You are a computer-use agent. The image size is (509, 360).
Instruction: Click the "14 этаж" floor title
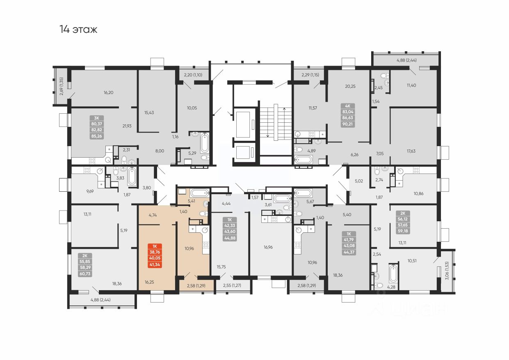pyautogui.click(x=78, y=30)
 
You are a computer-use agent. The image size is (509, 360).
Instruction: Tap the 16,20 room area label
pyautogui.click(x=108, y=93)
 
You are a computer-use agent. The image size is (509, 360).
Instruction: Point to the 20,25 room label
pyautogui.click(x=350, y=86)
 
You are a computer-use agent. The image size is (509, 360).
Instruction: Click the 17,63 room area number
pyautogui.click(x=411, y=151)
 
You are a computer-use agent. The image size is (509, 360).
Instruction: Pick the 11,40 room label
pyautogui.click(x=411, y=85)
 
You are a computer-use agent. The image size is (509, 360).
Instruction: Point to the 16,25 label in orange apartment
pyautogui.click(x=150, y=282)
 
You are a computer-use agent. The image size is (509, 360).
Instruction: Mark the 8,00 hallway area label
pyautogui.click(x=160, y=151)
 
